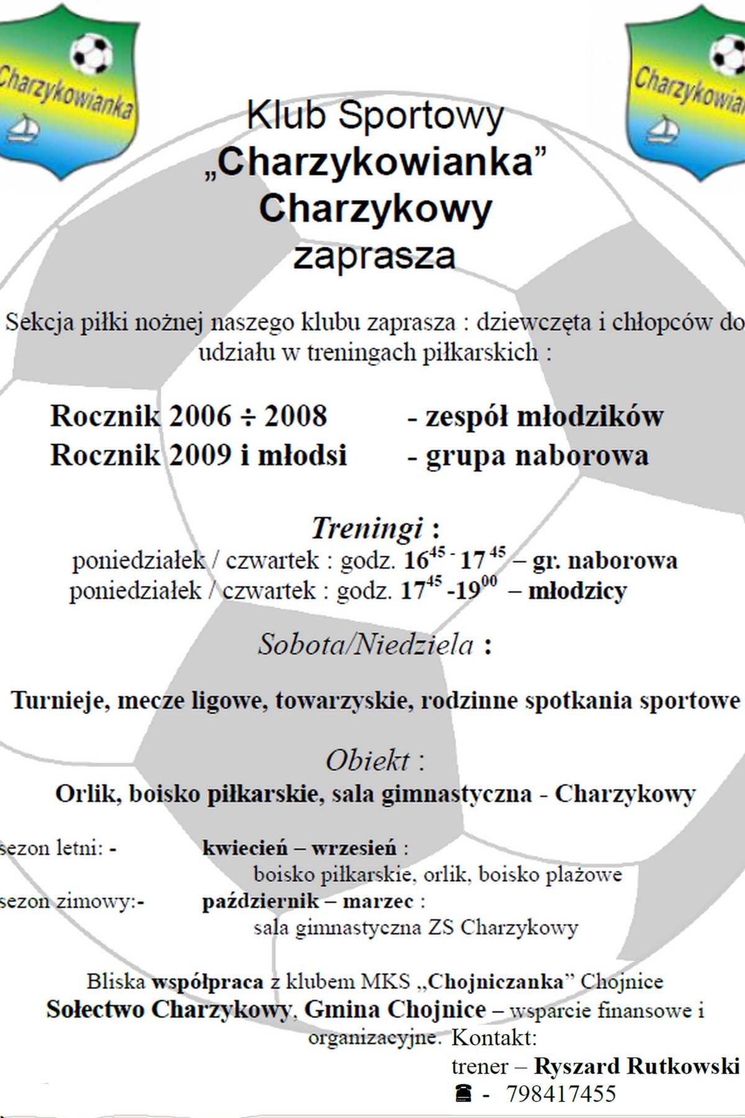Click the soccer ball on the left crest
pyautogui.click(x=91, y=53)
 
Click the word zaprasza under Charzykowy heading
pyautogui.click(x=374, y=256)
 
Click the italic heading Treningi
pyautogui.click(x=367, y=528)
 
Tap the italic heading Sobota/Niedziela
pyautogui.click(x=366, y=644)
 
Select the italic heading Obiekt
pyautogui.click(x=368, y=760)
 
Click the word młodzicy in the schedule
pyautogui.click(x=577, y=590)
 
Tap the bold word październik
pyautogui.click(x=261, y=901)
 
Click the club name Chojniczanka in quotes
pyautogui.click(x=495, y=981)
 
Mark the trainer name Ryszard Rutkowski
pyautogui.click(x=636, y=1066)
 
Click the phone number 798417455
pyautogui.click(x=561, y=1093)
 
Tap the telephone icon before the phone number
pyautogui.click(x=463, y=1093)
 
